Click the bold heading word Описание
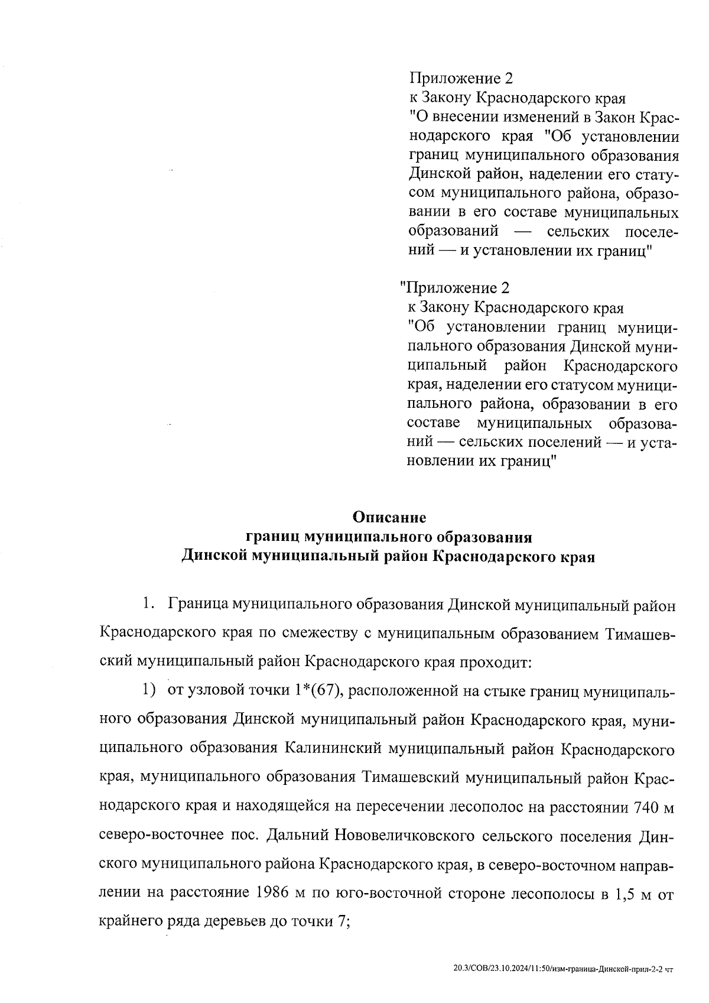coord(389,517)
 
